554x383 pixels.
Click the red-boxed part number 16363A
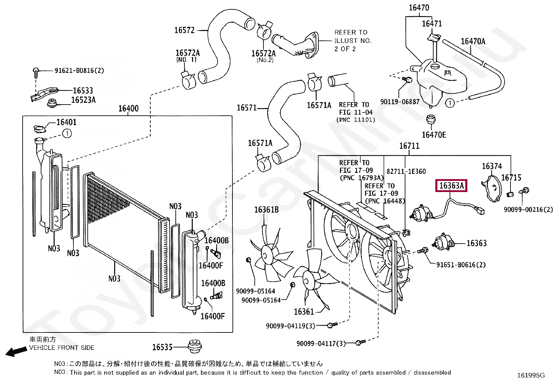tap(451, 186)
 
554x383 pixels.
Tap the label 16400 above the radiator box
tap(128, 108)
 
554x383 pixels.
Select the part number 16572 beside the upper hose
tap(184, 30)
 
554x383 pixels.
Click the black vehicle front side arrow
tap(16, 351)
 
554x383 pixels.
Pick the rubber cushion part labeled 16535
tap(195, 346)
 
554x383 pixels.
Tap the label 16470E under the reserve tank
tap(434, 135)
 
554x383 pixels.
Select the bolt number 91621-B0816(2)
tap(79, 71)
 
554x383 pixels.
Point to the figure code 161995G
tap(531, 375)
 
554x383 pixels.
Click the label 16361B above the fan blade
tap(266, 210)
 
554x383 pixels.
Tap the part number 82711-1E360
tap(406, 171)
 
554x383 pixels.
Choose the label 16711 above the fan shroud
tap(409, 146)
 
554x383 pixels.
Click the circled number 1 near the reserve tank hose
tap(450, 103)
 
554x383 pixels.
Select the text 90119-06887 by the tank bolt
tap(400, 102)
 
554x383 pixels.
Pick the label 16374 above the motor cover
tap(492, 166)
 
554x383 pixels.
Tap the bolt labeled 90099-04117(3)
tap(360, 343)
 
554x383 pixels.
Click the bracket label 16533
tap(83, 91)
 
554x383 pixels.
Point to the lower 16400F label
tap(212, 316)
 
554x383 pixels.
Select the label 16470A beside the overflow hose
tap(473, 41)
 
